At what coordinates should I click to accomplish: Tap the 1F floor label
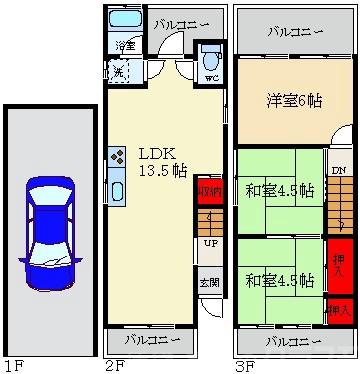click(13, 365)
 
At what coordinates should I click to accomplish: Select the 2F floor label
click(113, 365)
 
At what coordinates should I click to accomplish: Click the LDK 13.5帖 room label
click(157, 162)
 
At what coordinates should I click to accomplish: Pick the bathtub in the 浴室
click(126, 21)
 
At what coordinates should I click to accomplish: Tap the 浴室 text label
click(125, 46)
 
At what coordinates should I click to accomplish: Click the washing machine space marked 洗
click(117, 71)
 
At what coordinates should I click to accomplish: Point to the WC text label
click(211, 77)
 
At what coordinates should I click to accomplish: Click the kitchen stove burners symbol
click(116, 156)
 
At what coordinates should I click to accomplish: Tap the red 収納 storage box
click(209, 191)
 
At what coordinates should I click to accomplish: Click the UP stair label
click(210, 243)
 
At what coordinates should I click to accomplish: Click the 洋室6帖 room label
click(294, 100)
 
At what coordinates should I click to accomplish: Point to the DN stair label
click(339, 171)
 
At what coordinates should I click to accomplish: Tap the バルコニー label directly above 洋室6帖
click(295, 31)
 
